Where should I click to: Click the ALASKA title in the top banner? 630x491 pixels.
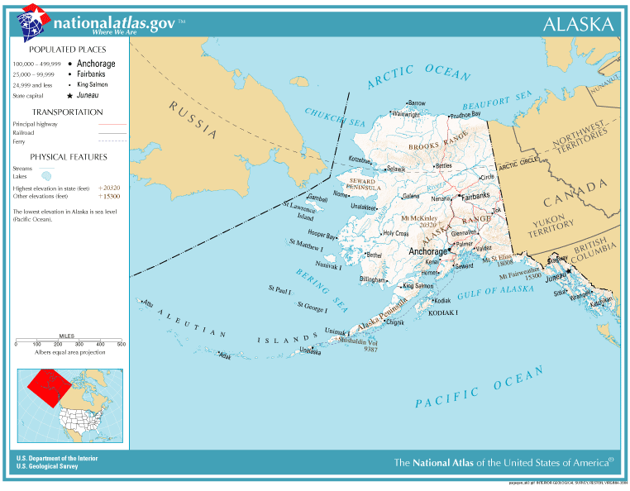(x=579, y=24)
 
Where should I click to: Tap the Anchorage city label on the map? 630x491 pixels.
(x=427, y=251)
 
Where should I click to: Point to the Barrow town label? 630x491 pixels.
(x=417, y=103)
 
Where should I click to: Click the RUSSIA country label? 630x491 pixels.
(x=193, y=119)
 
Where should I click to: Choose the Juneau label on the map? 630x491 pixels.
(x=557, y=279)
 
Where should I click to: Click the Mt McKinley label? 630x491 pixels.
(x=418, y=217)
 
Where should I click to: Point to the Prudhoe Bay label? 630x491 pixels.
(x=465, y=115)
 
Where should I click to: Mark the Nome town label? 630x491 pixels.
(x=341, y=194)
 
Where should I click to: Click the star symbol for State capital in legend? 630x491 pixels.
(x=69, y=96)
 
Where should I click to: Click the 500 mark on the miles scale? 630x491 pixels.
(x=121, y=343)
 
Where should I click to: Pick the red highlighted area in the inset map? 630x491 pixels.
(x=48, y=385)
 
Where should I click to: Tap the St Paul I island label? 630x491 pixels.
(x=279, y=289)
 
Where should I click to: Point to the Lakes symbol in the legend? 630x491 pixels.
(x=47, y=175)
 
